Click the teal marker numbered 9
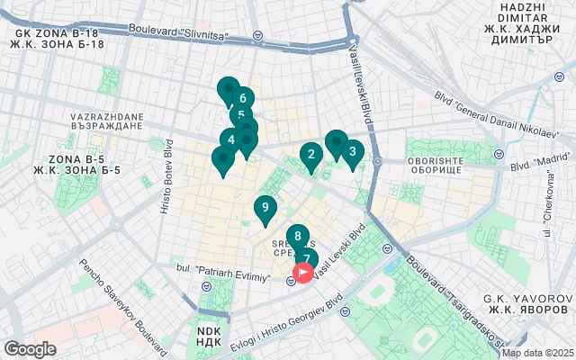(264, 208)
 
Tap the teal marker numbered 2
(311, 155)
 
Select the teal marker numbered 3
(352, 152)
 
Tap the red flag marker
(304, 271)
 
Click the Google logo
(30, 349)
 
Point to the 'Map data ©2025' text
(537, 353)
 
